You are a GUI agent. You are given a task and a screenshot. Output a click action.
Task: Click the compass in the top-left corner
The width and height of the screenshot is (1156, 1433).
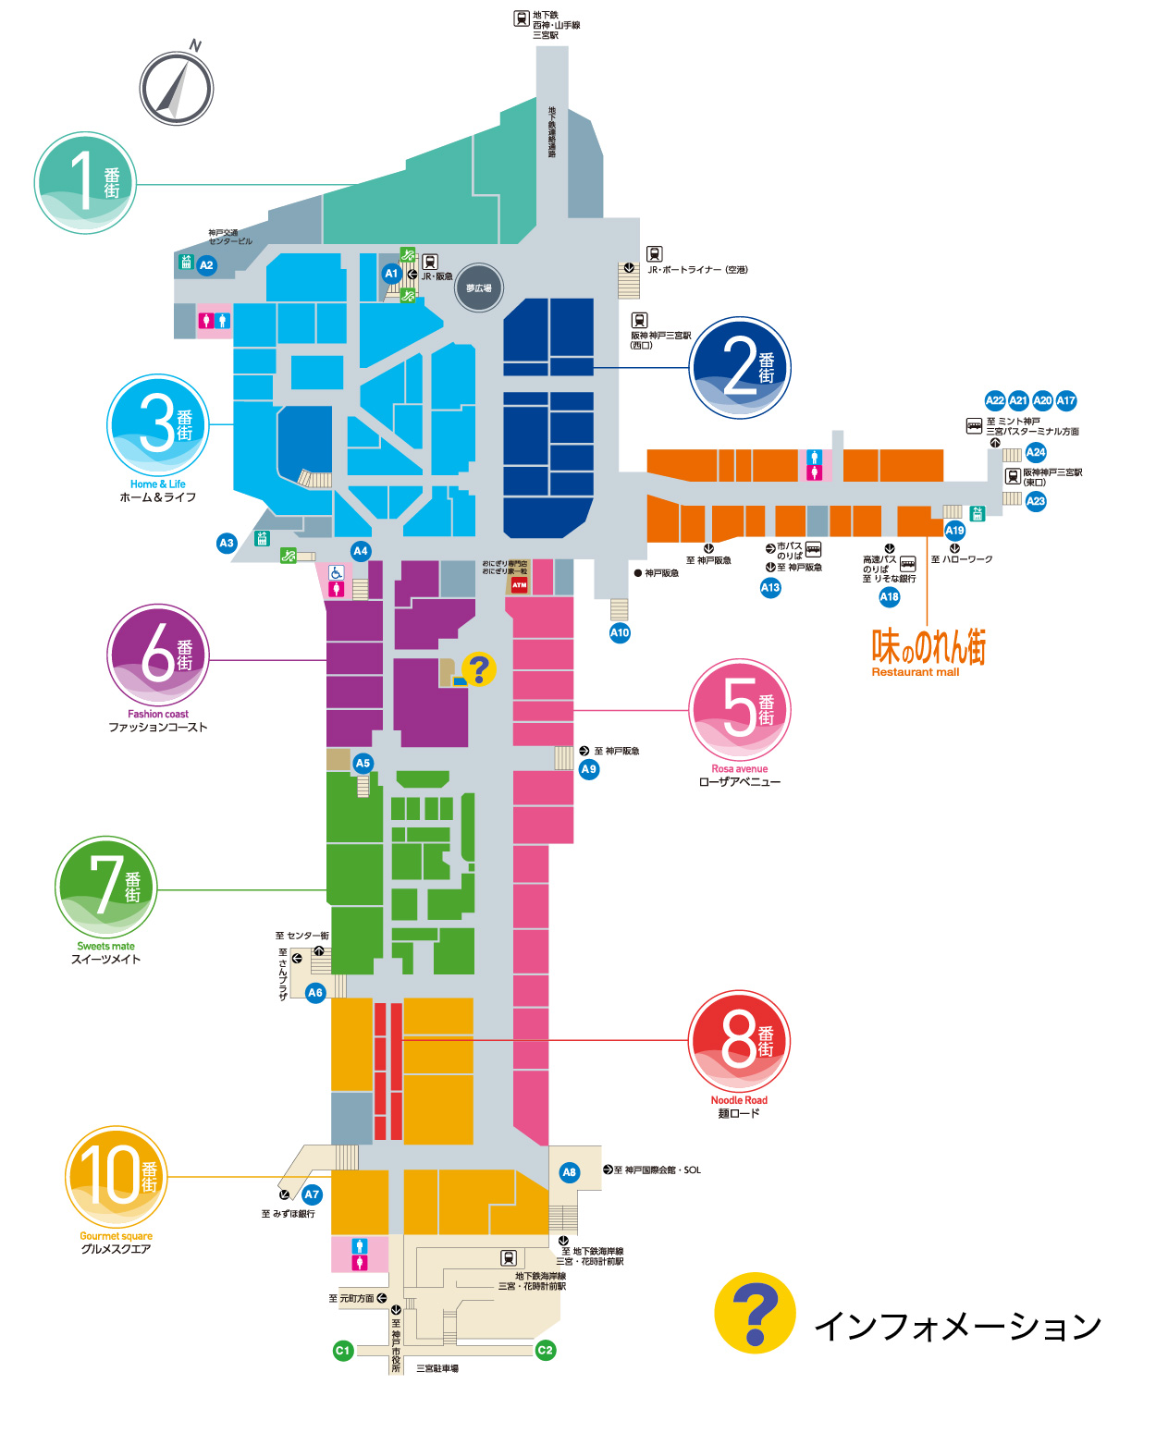(177, 89)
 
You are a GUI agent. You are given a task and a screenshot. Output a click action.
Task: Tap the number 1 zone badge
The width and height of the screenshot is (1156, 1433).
(85, 182)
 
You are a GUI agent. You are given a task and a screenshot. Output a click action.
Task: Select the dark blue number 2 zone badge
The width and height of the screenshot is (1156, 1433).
(740, 367)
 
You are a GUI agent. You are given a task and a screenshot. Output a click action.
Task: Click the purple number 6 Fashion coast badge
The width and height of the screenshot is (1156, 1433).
(157, 655)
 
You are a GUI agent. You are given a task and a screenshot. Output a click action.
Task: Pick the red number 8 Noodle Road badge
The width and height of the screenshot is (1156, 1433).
(739, 1041)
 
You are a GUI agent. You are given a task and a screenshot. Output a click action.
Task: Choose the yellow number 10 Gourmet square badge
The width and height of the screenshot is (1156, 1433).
(116, 1176)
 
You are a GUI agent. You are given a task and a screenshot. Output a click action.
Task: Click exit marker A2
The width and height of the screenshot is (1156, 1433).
(206, 265)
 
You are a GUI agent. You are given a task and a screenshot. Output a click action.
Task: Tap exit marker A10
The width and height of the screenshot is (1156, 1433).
(620, 633)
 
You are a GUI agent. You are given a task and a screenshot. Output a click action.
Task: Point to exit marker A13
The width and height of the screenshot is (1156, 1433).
(770, 587)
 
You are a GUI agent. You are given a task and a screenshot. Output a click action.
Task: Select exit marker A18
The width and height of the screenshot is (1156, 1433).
(889, 597)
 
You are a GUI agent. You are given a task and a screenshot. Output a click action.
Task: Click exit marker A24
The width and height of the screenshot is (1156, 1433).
(1036, 452)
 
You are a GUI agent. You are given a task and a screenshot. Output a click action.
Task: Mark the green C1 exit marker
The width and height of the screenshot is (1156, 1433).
(342, 1351)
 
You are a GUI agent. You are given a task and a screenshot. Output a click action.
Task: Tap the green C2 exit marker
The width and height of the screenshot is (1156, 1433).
(545, 1351)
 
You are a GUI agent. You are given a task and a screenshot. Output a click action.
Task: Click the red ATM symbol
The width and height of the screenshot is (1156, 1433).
(520, 584)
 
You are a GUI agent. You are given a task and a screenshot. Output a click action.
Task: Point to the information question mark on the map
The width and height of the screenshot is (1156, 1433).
(479, 668)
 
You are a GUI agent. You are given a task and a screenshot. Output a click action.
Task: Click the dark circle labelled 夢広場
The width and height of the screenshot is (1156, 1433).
(478, 288)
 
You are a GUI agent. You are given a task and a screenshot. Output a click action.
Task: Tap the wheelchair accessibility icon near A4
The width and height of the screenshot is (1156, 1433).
(336, 573)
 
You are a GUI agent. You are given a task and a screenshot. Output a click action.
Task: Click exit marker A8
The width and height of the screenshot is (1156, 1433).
(569, 1172)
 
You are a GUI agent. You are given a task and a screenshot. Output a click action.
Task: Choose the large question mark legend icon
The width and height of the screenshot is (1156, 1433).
(755, 1313)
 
